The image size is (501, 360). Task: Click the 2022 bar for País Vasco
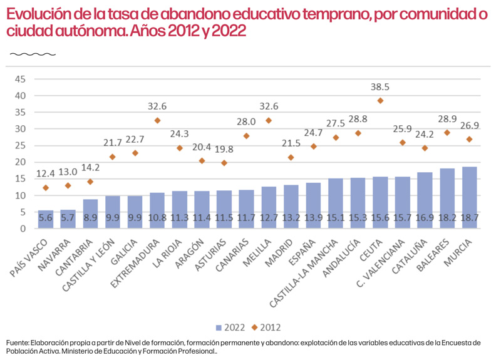pyautogui.click(x=46, y=219)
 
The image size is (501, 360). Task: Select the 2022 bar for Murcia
pyautogui.click(x=469, y=198)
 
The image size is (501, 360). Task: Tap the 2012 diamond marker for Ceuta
pyautogui.click(x=380, y=101)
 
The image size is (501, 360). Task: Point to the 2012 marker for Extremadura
pyautogui.click(x=157, y=120)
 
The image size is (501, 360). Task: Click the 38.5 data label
pyautogui.click(x=380, y=87)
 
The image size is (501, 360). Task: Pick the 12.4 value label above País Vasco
pyautogui.click(x=46, y=174)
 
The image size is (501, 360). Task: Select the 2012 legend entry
pyautogui.click(x=266, y=327)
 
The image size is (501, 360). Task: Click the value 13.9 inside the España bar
pyautogui.click(x=313, y=218)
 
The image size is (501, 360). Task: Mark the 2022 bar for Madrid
pyautogui.click(x=291, y=207)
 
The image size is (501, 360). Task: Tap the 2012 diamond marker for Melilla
pyautogui.click(x=269, y=120)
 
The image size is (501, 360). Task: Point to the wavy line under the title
pyautogui.click(x=33, y=54)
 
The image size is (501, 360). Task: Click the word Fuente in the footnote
pyautogui.click(x=18, y=342)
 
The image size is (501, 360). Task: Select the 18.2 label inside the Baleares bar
pyautogui.click(x=447, y=218)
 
